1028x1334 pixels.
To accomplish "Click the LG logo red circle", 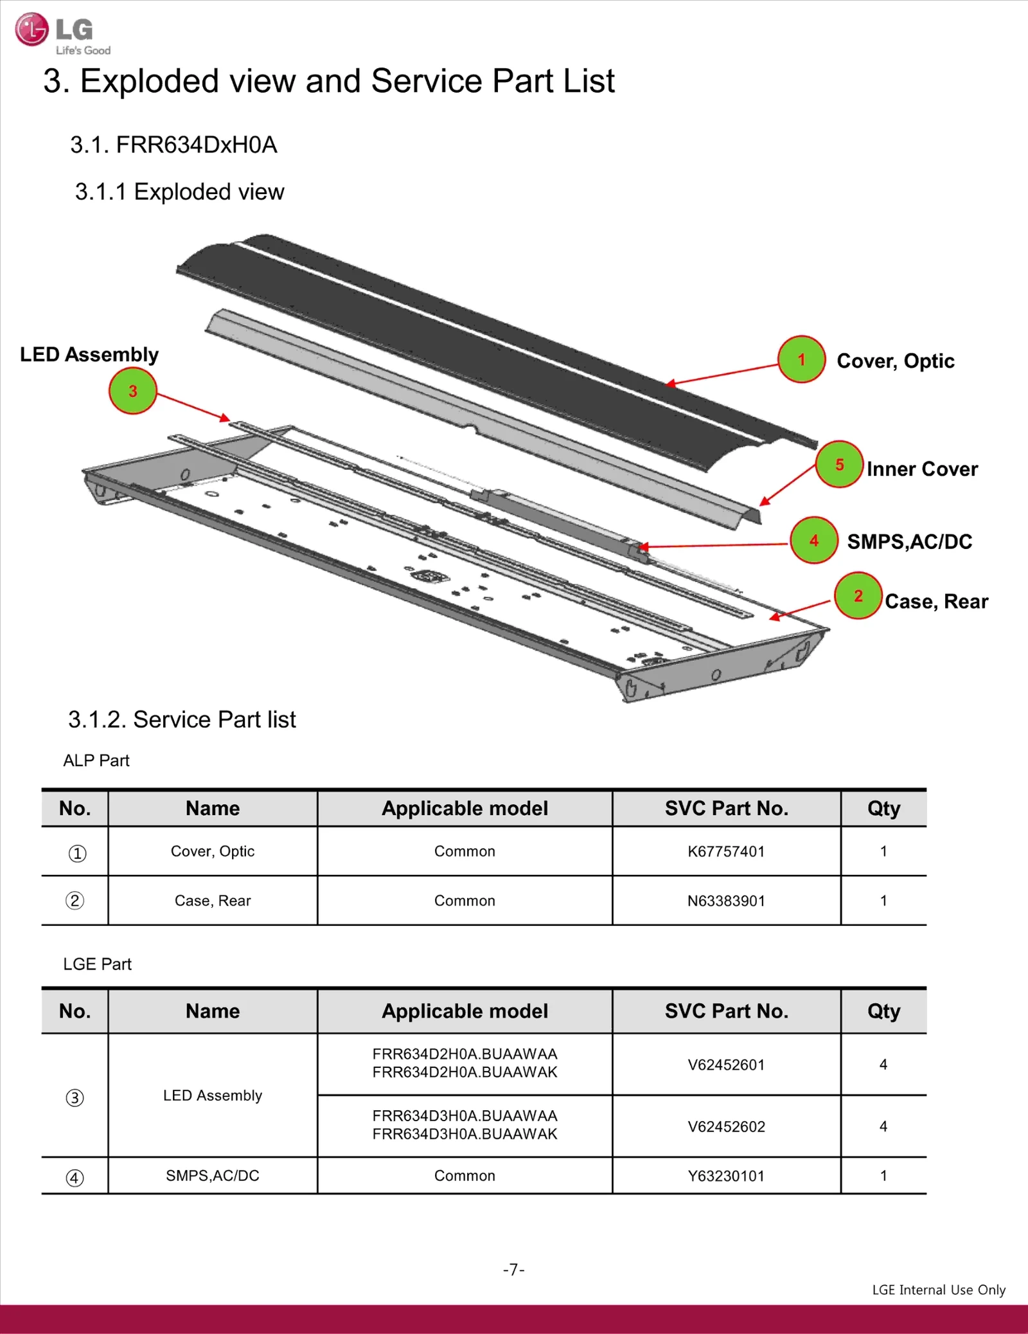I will [x=31, y=30].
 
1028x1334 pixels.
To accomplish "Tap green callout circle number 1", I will [x=801, y=359].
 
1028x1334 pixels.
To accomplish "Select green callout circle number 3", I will [x=133, y=391].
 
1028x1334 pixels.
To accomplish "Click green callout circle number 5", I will [x=839, y=464].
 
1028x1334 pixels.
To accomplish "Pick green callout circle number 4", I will [x=814, y=541].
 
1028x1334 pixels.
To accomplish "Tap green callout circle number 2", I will [x=858, y=596].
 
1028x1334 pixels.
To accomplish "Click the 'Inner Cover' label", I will [x=922, y=469].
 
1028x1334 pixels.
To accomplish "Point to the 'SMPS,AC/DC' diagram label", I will [x=909, y=542].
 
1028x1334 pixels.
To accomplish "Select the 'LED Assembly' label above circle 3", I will [x=89, y=354].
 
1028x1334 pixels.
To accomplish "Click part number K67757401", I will [x=726, y=852].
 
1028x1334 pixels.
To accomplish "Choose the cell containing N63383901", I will [x=726, y=901].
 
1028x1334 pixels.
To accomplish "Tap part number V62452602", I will [x=726, y=1127].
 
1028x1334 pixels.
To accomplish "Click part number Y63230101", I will [x=726, y=1176].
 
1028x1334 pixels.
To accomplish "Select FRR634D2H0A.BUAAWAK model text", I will [x=465, y=1072].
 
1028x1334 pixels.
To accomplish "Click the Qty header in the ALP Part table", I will [x=883, y=808].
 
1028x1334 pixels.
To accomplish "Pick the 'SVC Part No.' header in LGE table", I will [x=726, y=1011].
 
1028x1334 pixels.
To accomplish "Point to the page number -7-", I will [x=513, y=1270].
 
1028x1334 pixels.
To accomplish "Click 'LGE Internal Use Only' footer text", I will [x=938, y=1290].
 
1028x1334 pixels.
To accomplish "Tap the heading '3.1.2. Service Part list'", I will [x=182, y=719].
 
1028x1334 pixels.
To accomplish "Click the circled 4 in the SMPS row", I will [x=75, y=1178].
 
